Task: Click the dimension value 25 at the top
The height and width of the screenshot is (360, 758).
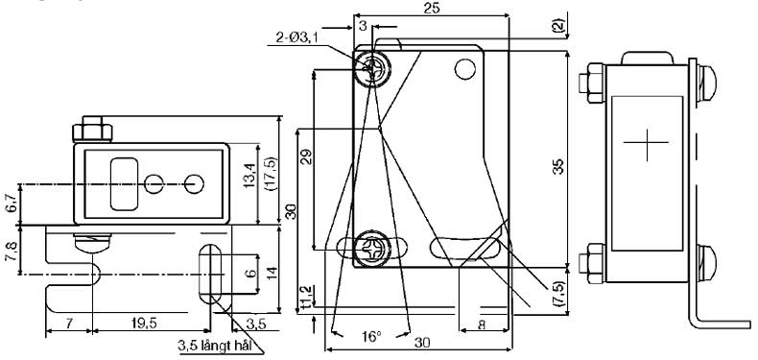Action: [431, 8]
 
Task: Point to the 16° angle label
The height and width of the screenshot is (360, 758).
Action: [371, 338]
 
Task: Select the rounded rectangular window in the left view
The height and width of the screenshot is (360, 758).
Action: [126, 183]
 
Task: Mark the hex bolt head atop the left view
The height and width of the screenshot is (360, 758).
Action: [93, 128]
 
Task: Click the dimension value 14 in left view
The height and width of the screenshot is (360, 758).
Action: [271, 272]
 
